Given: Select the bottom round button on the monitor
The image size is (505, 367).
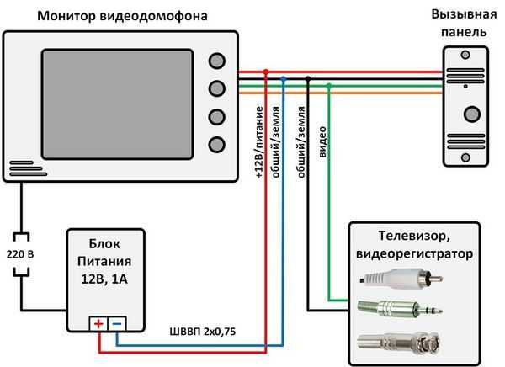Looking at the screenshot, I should (217, 143).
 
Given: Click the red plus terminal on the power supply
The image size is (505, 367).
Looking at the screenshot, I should (99, 323).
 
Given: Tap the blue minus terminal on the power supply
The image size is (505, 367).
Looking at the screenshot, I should (118, 323).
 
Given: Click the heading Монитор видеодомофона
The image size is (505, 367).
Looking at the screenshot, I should (122, 16).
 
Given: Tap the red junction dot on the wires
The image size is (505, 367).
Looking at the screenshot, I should (266, 73).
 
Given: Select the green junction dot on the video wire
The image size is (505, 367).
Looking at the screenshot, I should (329, 86).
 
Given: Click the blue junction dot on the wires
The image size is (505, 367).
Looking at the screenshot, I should (284, 79).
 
